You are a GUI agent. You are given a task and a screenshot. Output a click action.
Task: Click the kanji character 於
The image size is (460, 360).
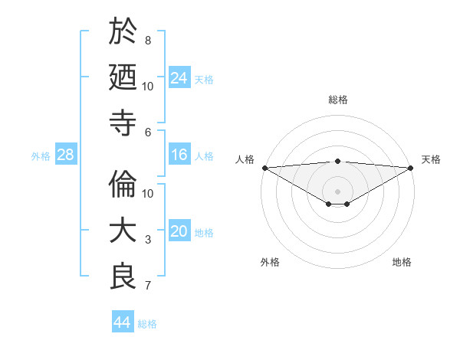point(123,31)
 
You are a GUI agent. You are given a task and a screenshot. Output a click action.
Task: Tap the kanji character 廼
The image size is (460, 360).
point(123,77)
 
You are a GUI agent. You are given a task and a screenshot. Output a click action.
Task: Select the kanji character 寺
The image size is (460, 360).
point(123,123)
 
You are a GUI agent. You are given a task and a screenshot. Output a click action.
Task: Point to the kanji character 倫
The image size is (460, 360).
point(123,185)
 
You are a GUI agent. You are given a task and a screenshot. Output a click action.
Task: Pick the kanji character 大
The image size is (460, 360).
point(123,231)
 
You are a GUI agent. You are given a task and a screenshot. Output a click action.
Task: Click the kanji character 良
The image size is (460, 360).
point(123,277)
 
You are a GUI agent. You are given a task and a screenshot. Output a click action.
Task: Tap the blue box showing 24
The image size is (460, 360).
point(179,78)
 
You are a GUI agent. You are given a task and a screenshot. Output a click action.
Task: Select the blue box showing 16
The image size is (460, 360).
point(179,155)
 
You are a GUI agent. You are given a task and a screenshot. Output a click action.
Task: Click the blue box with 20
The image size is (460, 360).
point(179,232)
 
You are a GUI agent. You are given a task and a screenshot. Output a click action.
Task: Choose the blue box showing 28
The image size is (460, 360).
point(66,155)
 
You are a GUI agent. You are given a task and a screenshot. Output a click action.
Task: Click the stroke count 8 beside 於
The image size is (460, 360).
point(148,40)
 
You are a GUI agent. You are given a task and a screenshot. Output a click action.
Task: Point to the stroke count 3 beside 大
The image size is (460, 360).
point(148,240)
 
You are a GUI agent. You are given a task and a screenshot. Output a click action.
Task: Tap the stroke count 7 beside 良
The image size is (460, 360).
point(148,286)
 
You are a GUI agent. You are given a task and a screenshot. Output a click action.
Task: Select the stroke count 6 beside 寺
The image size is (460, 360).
point(148,132)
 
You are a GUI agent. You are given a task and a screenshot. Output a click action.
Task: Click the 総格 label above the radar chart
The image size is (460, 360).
point(337,100)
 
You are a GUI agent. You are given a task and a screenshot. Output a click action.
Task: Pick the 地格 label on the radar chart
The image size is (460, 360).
point(402,262)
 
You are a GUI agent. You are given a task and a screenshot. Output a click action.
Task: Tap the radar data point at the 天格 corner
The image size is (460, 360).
point(411,168)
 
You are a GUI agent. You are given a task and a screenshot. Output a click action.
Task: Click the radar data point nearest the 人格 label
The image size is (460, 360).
point(264,168)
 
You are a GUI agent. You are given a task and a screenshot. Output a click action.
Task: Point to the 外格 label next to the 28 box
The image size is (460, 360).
point(41,156)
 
